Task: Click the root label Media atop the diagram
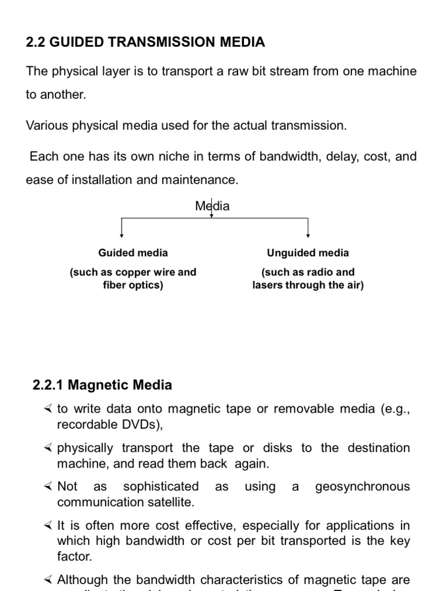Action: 212,206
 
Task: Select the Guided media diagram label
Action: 133,253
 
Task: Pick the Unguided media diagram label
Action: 308,253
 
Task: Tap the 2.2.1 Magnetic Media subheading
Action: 102,384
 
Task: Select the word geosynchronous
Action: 362,487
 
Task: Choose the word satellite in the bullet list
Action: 170,502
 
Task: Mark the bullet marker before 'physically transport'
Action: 48,448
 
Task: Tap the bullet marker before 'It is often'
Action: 48,526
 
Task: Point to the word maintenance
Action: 201,179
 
